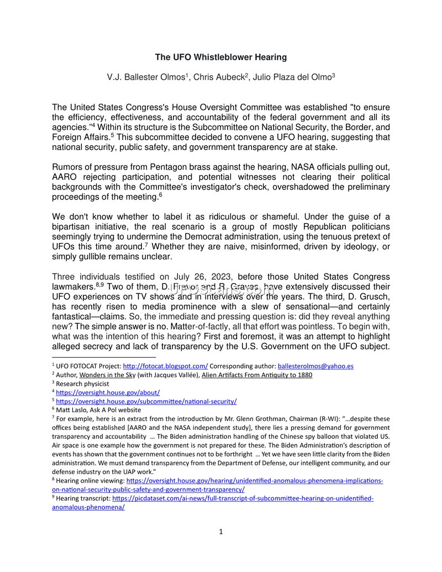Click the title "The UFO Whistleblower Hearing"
[220, 57]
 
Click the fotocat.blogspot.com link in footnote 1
[165, 366]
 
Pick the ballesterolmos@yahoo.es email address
[315, 366]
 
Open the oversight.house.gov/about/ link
[108, 392]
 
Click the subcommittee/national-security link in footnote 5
[146, 401]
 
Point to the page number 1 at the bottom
[221, 532]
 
